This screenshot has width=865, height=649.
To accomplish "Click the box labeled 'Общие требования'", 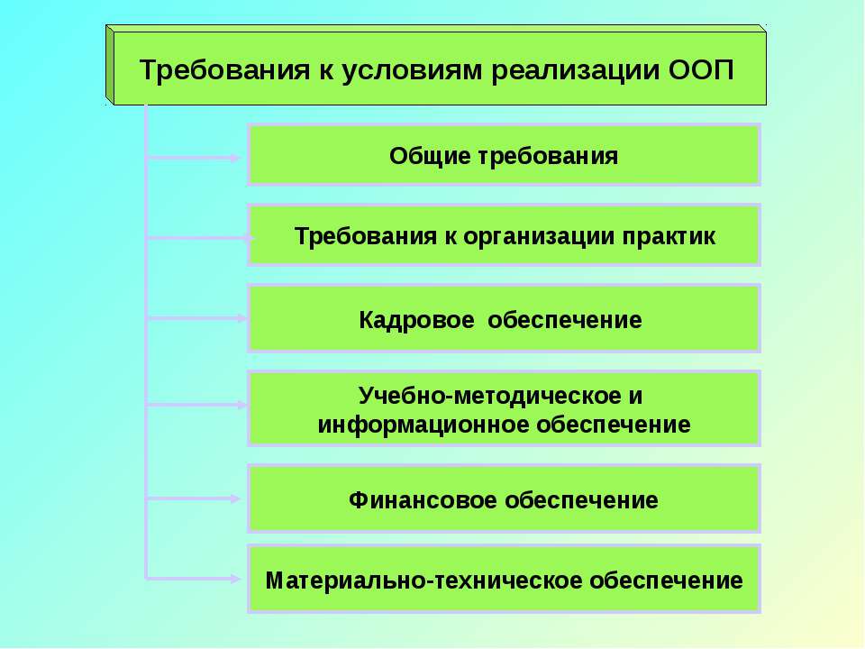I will [504, 155].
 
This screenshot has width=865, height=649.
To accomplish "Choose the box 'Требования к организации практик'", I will [504, 235].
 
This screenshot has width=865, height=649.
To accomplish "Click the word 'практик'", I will [670, 236].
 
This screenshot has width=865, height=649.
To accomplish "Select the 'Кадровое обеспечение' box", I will [504, 318].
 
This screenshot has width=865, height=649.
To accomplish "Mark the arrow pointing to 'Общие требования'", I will [194, 158].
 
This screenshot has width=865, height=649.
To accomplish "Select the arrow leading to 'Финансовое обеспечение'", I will [194, 498].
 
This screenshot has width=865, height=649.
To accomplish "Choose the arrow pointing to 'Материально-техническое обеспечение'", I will [194, 578].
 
